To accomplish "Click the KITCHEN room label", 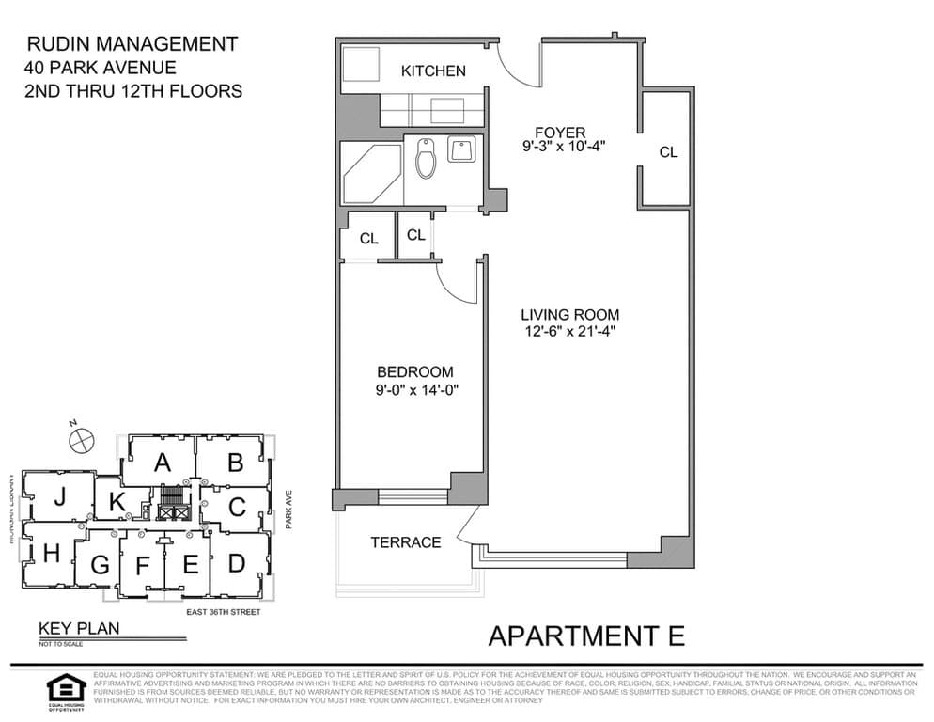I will (x=433, y=71).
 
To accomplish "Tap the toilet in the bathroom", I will (x=426, y=160).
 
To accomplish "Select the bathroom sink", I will (x=461, y=149).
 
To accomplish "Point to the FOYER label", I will (x=560, y=132).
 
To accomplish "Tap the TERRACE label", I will (x=405, y=542).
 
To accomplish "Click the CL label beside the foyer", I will (x=668, y=152).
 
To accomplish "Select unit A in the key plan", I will (x=162, y=462).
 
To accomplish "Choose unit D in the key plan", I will (x=236, y=562).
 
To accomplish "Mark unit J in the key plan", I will (x=59, y=498).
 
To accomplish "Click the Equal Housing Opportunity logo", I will (x=66, y=689).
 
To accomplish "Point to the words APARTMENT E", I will (x=586, y=636).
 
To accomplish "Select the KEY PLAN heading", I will (x=78, y=629).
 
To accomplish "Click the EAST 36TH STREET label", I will (x=222, y=612).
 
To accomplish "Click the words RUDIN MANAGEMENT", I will (x=132, y=43).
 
